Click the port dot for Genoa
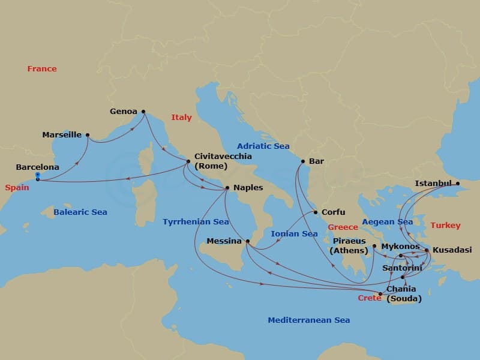point(143,112)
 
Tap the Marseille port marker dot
point(88,135)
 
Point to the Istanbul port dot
point(457,184)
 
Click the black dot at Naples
point(227,188)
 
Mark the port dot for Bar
point(303,161)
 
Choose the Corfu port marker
point(316,212)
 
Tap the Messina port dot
point(248,241)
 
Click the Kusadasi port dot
point(427,250)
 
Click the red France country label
point(42,69)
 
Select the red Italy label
point(181,118)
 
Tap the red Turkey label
point(445,226)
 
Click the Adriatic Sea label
point(263,146)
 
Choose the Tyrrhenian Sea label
point(196,222)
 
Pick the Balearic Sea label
point(80,212)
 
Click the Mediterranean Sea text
point(308,320)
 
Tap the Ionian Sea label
point(293,234)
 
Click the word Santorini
point(401,269)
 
